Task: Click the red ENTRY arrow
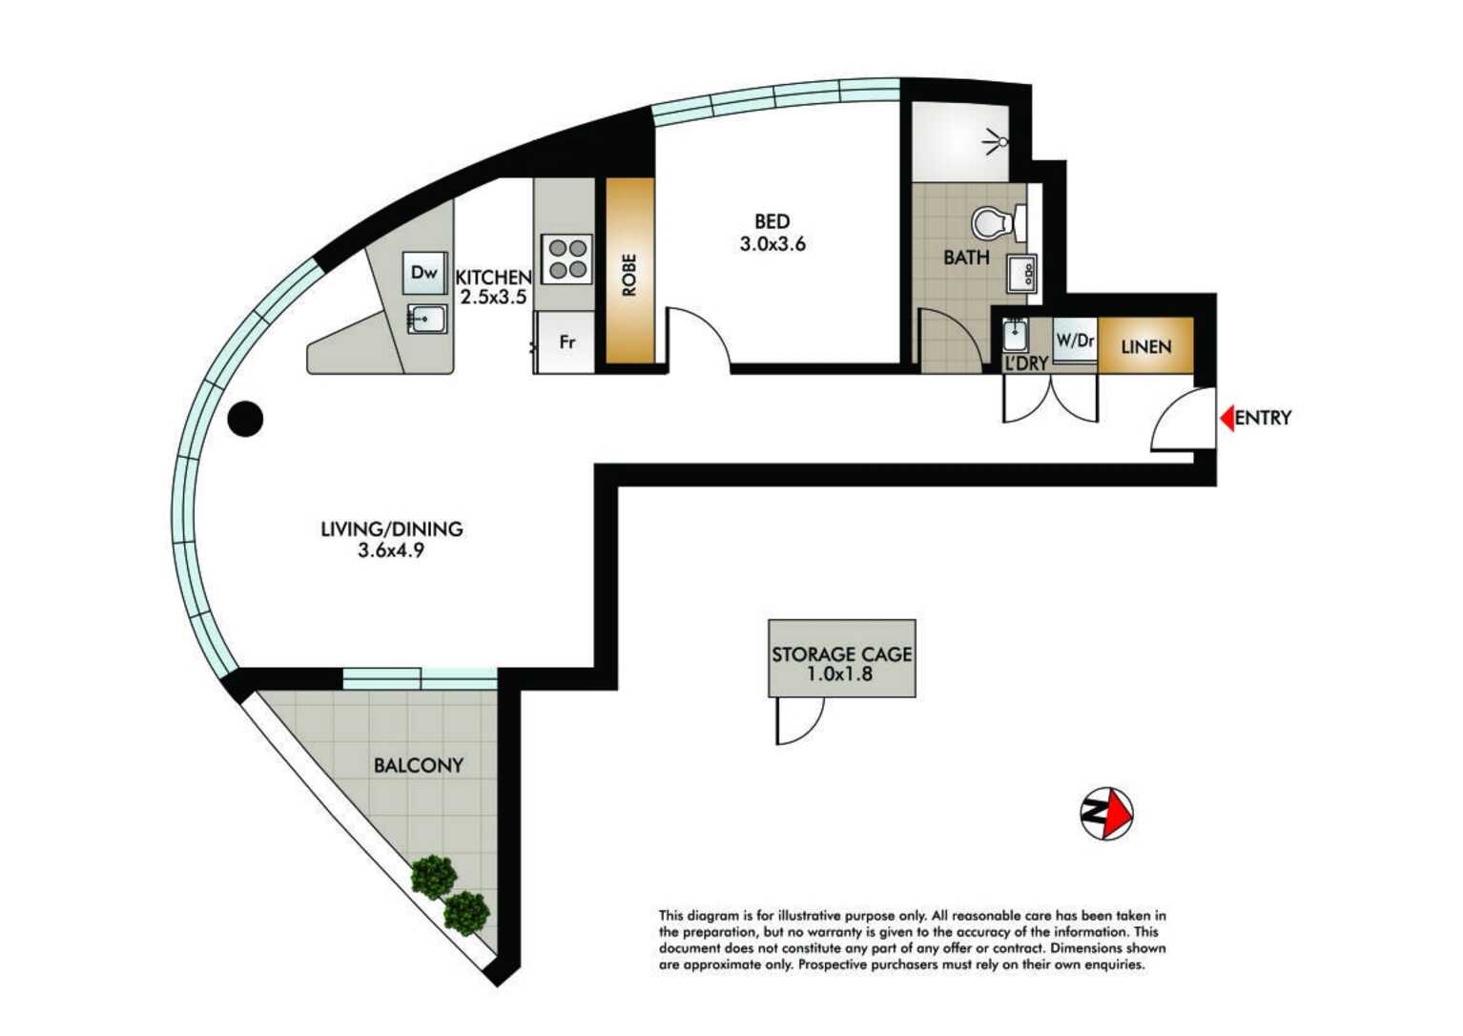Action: pyautogui.click(x=1226, y=418)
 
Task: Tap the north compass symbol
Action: pyautogui.click(x=1106, y=814)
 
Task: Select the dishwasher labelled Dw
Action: pyautogui.click(x=424, y=273)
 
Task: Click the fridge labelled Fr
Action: pyautogui.click(x=567, y=342)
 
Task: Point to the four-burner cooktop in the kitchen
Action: pyautogui.click(x=567, y=259)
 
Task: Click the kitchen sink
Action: pyautogui.click(x=426, y=318)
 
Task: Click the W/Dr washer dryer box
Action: pyautogui.click(x=1075, y=340)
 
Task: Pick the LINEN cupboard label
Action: pyautogui.click(x=1145, y=346)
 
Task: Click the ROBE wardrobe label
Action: pyautogui.click(x=629, y=274)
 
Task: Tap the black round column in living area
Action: pyautogui.click(x=245, y=419)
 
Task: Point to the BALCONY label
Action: pyautogui.click(x=418, y=765)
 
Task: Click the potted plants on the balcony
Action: pyautogui.click(x=450, y=895)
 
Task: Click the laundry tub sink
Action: pyautogui.click(x=1015, y=336)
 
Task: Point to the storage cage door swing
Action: pyautogui.click(x=797, y=721)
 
